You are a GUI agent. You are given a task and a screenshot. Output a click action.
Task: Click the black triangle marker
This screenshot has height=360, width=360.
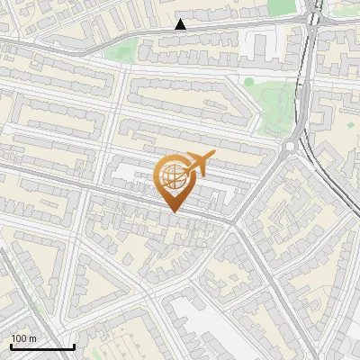tap(181, 24)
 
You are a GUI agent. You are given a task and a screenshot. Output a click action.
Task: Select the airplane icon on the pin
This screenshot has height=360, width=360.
tap(198, 163)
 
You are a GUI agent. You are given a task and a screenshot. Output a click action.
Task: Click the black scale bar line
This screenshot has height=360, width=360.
tap(42, 346)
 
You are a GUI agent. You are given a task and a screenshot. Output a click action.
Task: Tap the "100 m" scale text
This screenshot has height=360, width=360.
tap(24, 338)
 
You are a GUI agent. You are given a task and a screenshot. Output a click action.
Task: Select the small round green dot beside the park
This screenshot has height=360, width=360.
tap(248, 82)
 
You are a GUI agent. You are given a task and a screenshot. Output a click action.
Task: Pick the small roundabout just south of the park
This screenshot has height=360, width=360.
tap(291, 146)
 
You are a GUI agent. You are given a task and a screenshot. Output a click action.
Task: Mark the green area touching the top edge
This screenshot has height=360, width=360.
tap(283, 6)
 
